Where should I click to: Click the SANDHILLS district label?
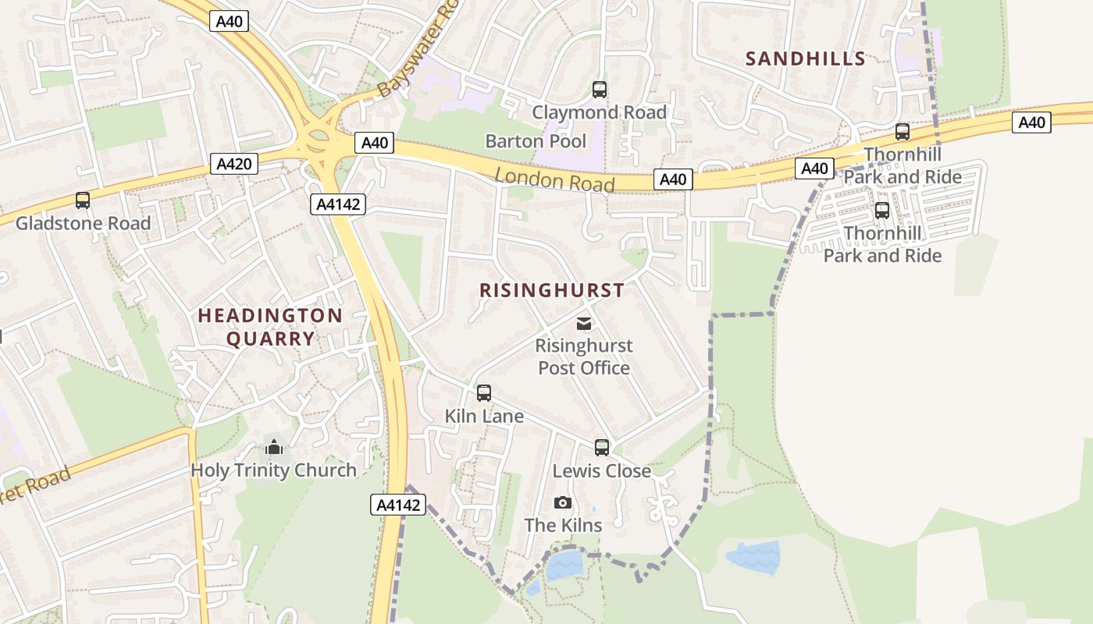(805, 58)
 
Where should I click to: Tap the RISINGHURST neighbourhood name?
(552, 290)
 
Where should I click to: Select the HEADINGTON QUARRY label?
(270, 327)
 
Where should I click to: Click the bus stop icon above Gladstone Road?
(83, 200)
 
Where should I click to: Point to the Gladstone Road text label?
(83, 223)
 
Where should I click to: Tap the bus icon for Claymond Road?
(599, 90)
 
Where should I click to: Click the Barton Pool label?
(536, 141)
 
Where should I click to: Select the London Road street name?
(554, 180)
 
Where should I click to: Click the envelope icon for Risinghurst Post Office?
(583, 324)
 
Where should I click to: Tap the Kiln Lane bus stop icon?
(484, 393)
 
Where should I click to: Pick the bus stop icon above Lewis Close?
(601, 448)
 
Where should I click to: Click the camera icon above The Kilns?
(562, 503)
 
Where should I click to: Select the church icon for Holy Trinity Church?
(273, 448)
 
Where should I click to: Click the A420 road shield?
(233, 164)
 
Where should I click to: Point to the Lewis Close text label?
(601, 471)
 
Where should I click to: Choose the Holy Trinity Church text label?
(273, 470)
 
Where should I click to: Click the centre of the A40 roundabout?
(319, 141)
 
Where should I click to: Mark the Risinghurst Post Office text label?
(584, 356)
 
